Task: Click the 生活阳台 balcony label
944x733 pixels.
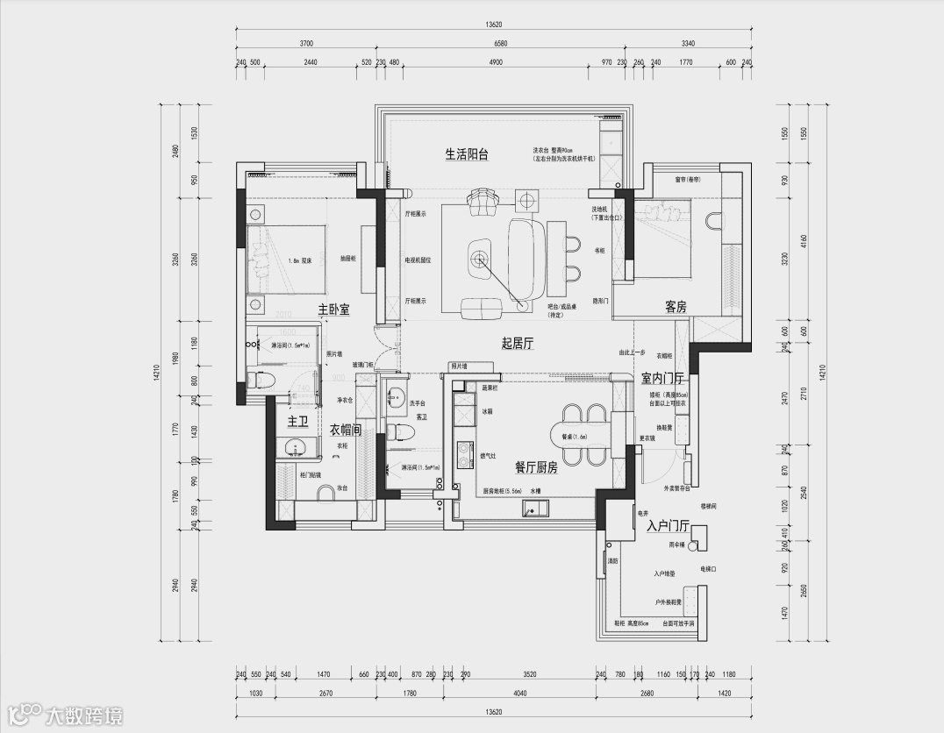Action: (466, 154)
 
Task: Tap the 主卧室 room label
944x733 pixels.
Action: (333, 310)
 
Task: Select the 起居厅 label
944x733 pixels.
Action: (518, 344)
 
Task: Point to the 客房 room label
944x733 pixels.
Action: (675, 307)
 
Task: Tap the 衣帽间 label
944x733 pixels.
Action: (345, 431)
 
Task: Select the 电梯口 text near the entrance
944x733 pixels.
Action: (708, 569)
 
